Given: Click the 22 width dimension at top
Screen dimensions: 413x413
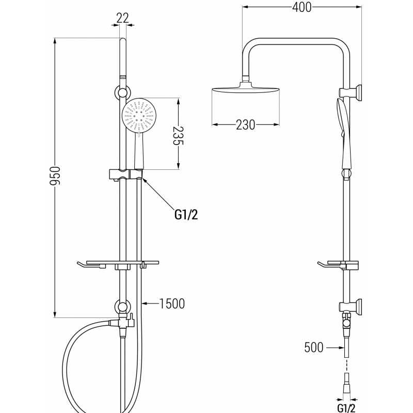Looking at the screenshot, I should click(122, 17).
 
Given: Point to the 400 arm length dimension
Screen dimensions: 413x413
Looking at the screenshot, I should click(301, 7).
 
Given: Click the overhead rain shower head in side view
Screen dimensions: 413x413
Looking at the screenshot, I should click(245, 91).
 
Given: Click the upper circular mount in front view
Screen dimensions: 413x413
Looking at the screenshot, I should click(122, 93).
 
